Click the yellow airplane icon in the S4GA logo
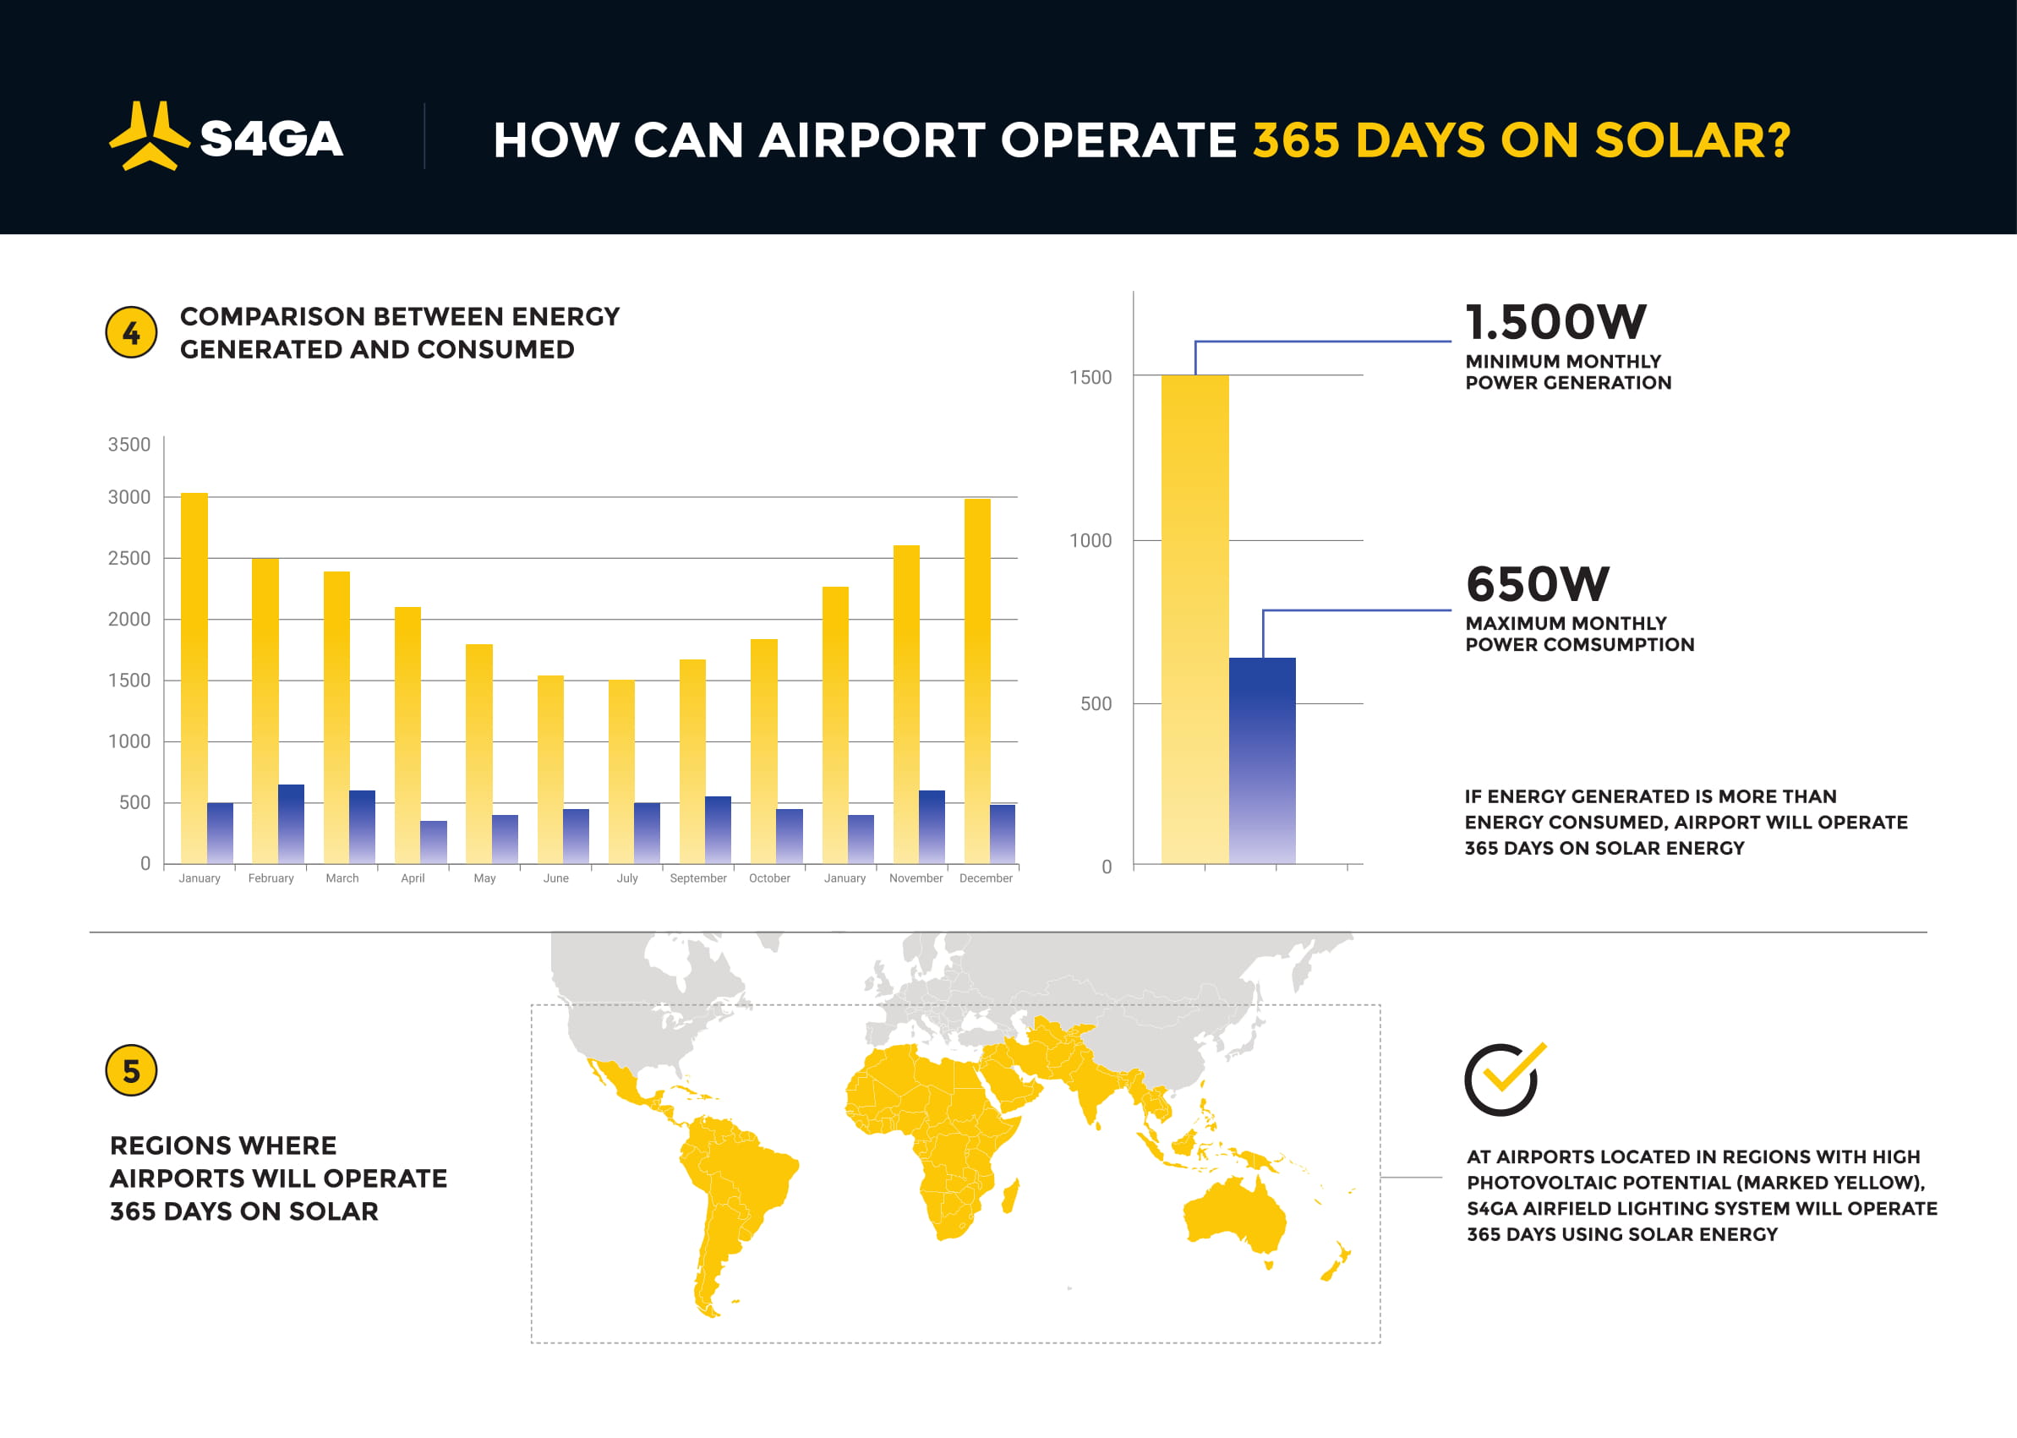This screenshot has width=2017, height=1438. [x=149, y=135]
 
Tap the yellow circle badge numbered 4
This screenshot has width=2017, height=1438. [x=131, y=333]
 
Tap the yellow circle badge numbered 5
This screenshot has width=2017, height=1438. [x=131, y=1070]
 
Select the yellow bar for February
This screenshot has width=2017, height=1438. [x=265, y=711]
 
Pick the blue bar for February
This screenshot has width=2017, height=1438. [x=292, y=823]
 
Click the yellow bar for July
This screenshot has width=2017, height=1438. [x=620, y=771]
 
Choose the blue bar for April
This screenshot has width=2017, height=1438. [x=434, y=842]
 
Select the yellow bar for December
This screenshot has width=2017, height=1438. [x=977, y=681]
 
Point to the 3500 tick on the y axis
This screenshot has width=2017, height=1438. [x=129, y=445]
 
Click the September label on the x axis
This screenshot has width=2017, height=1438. [x=697, y=878]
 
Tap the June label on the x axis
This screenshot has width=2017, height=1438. [x=556, y=878]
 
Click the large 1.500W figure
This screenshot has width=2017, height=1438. [x=1555, y=321]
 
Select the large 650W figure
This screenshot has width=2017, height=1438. [x=1537, y=583]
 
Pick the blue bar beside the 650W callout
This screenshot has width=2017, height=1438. [x=1263, y=761]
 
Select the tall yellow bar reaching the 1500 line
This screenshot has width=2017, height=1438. [x=1195, y=619]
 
